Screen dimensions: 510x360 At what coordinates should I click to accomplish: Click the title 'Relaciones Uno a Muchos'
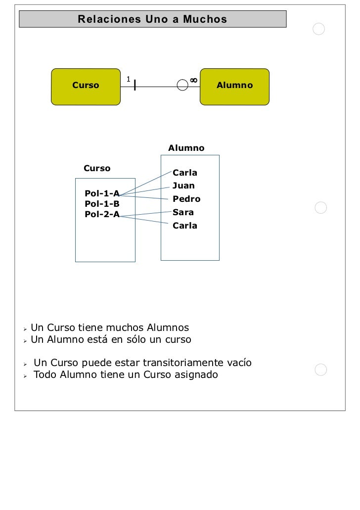pos(152,20)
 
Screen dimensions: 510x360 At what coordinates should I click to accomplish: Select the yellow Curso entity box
pos(86,86)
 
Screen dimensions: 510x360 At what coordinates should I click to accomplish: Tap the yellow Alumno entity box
pos(234,86)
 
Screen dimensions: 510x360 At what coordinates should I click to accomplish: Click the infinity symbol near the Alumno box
pos(193,80)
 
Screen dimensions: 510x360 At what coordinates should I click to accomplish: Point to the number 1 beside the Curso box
pos(128,79)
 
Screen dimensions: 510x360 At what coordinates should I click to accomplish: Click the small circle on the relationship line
pos(183,86)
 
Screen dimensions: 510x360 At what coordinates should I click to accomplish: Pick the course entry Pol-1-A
pos(102,193)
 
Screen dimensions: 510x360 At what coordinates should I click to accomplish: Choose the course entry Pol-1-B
pos(102,204)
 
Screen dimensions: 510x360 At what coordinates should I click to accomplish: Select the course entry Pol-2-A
pos(102,214)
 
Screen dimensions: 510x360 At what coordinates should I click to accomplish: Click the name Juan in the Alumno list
pos(183,186)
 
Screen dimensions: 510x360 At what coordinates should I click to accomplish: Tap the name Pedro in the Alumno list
pos(186,199)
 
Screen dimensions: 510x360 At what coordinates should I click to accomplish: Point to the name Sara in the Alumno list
pos(183,213)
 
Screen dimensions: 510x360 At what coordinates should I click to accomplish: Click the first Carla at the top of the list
pos(185,173)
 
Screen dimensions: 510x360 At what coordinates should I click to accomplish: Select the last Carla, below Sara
pos(185,226)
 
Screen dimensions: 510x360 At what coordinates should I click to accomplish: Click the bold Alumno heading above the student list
pos(186,148)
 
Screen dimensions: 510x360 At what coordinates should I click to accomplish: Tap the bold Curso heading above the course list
pos(97,169)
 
